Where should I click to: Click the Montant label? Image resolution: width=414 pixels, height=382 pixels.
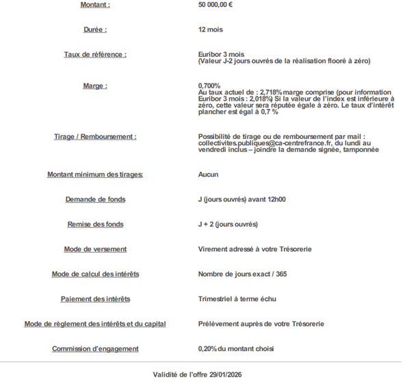pos(95,5)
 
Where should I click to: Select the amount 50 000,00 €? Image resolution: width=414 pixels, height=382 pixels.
pos(216,5)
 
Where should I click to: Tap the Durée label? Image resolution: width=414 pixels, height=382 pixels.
pos(95,29)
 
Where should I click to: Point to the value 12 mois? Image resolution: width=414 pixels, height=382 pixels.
pos(210,29)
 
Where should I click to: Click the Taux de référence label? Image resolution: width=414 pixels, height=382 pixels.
pos(95,54)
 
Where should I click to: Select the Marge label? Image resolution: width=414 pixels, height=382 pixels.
pos(95,86)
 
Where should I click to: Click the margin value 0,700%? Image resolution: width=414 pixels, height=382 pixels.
pos(209,86)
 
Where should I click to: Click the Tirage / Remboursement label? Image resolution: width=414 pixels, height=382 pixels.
pos(95,136)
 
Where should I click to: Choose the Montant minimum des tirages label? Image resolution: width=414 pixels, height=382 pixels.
pos(95,175)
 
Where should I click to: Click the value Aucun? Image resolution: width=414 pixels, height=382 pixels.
pos(208,175)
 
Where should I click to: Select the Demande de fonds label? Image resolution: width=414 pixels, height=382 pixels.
pos(95,199)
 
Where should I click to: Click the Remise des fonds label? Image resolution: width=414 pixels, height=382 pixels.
pos(95,224)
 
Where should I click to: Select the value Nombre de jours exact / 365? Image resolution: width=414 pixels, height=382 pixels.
pos(243,274)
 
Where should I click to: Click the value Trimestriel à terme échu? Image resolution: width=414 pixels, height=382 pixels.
pos(237,298)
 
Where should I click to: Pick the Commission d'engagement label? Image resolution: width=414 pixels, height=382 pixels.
pos(95,348)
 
